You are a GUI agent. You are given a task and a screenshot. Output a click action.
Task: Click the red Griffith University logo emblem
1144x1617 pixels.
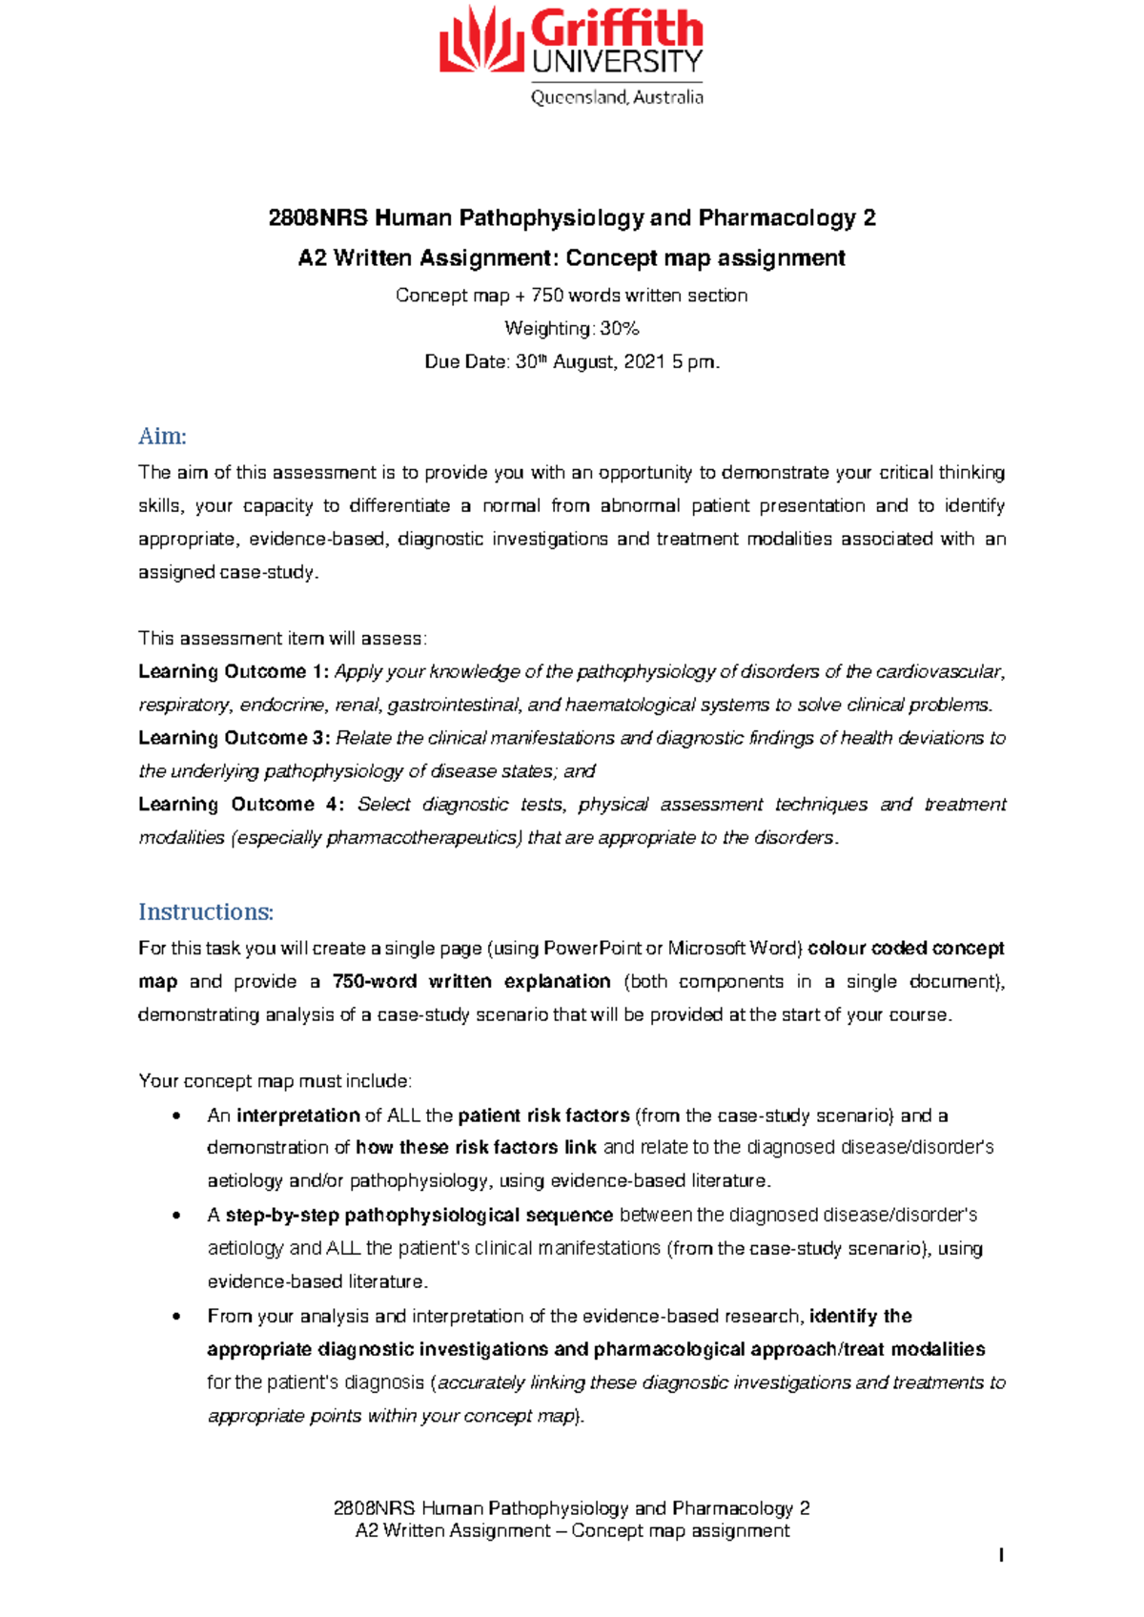click(x=480, y=40)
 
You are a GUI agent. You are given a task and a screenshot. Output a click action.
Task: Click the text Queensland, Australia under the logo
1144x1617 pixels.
click(x=617, y=97)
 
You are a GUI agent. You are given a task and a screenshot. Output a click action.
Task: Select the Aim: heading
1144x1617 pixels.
click(x=162, y=437)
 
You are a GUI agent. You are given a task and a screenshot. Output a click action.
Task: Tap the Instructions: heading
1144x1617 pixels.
click(x=206, y=912)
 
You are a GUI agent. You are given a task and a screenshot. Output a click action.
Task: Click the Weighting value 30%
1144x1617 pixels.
click(x=620, y=329)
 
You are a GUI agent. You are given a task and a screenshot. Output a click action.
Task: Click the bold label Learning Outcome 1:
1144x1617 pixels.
click(x=234, y=672)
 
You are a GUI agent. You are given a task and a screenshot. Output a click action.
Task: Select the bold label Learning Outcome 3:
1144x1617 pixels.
click(x=234, y=738)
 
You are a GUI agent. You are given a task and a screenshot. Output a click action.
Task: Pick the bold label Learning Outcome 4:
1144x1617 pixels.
click(x=241, y=805)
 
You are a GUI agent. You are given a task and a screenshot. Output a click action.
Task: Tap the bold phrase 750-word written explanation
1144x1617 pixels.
click(x=472, y=982)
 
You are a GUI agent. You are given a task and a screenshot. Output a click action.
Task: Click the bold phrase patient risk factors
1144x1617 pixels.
click(x=543, y=1116)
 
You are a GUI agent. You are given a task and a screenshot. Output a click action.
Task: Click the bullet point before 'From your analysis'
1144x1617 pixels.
click(x=175, y=1317)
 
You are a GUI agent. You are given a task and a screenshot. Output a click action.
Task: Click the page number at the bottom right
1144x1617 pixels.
click(x=1001, y=1556)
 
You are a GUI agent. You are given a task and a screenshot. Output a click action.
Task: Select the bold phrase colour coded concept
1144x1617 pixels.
click(x=907, y=949)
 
